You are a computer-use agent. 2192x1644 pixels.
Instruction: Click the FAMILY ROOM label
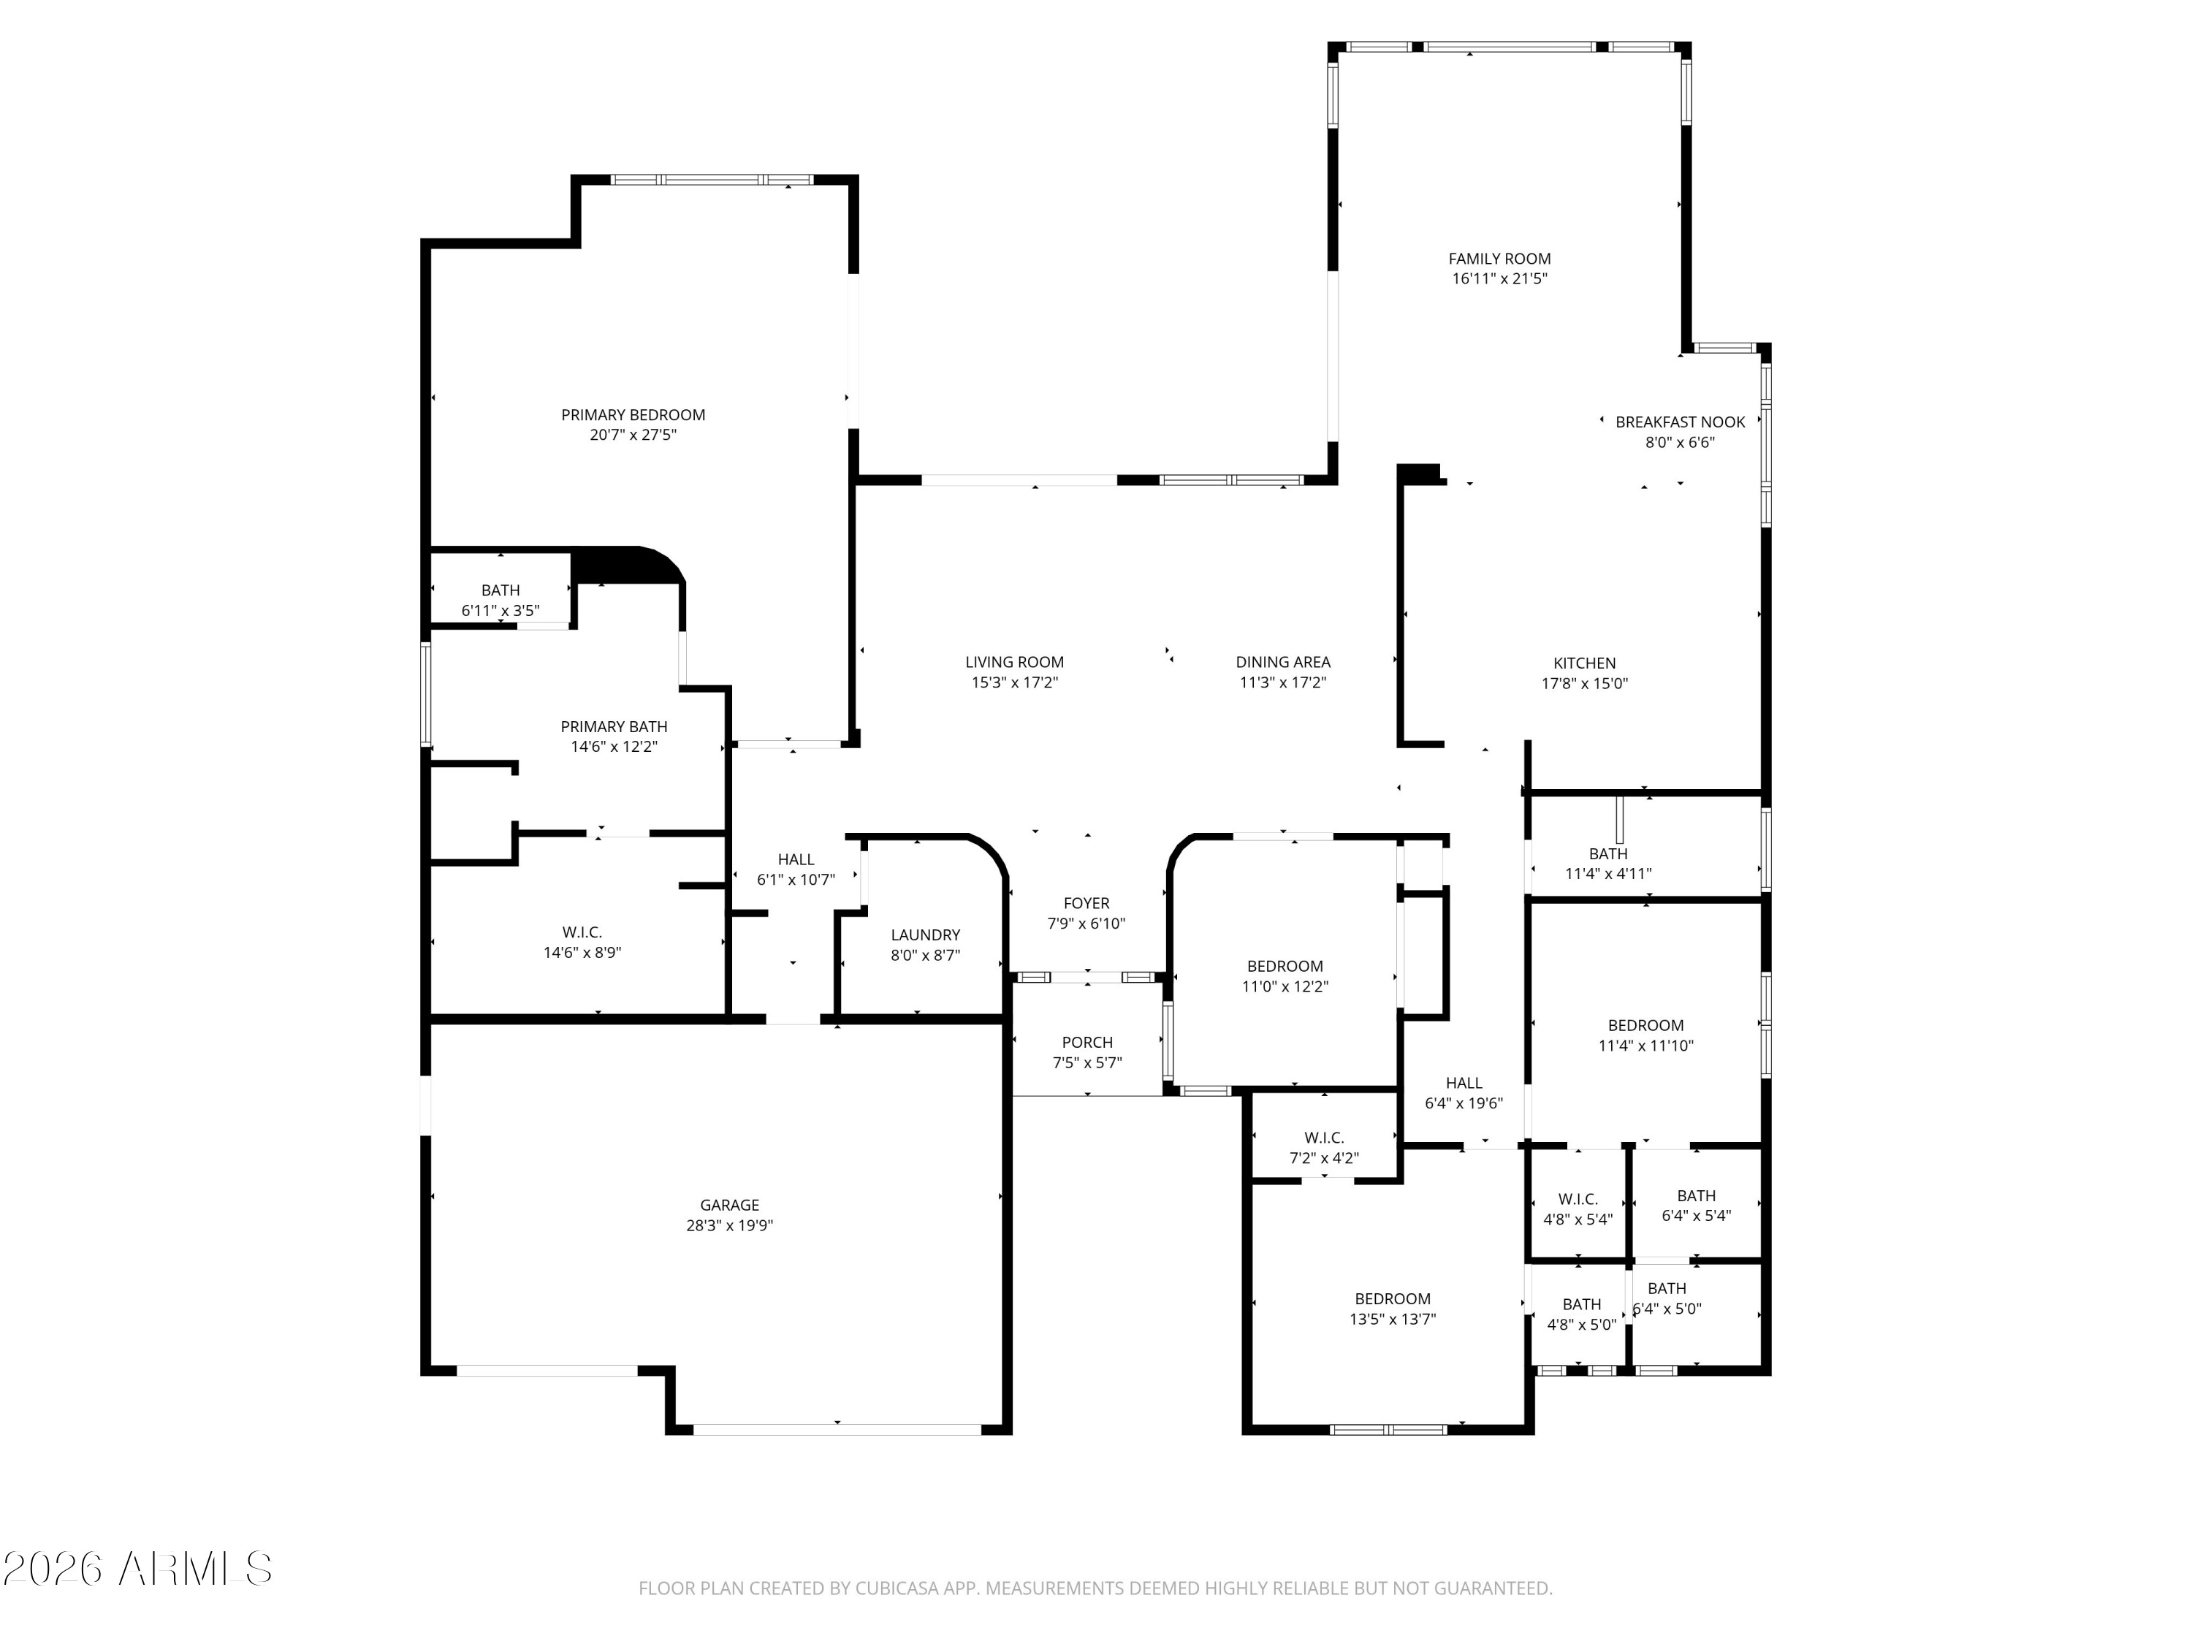1499,259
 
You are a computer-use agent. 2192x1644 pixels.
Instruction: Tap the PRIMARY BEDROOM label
633,415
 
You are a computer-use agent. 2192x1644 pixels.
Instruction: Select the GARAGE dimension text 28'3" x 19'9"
729,1225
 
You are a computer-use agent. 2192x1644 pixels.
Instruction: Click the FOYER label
1086,903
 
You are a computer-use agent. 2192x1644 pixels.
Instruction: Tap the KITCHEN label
1585,663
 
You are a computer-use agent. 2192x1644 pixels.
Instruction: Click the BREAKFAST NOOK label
1680,422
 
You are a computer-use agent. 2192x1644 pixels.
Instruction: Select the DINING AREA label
1282,662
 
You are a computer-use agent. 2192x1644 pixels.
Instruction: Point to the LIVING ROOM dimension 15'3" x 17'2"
1015,682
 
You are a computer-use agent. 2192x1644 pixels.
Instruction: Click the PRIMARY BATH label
614,726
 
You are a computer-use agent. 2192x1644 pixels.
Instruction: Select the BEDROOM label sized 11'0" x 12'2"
1285,966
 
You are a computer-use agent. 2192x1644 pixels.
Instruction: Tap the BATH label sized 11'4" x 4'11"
1607,853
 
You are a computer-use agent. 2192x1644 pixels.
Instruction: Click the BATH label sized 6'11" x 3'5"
501,590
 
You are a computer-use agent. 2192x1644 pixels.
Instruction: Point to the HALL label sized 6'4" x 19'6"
1464,1083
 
